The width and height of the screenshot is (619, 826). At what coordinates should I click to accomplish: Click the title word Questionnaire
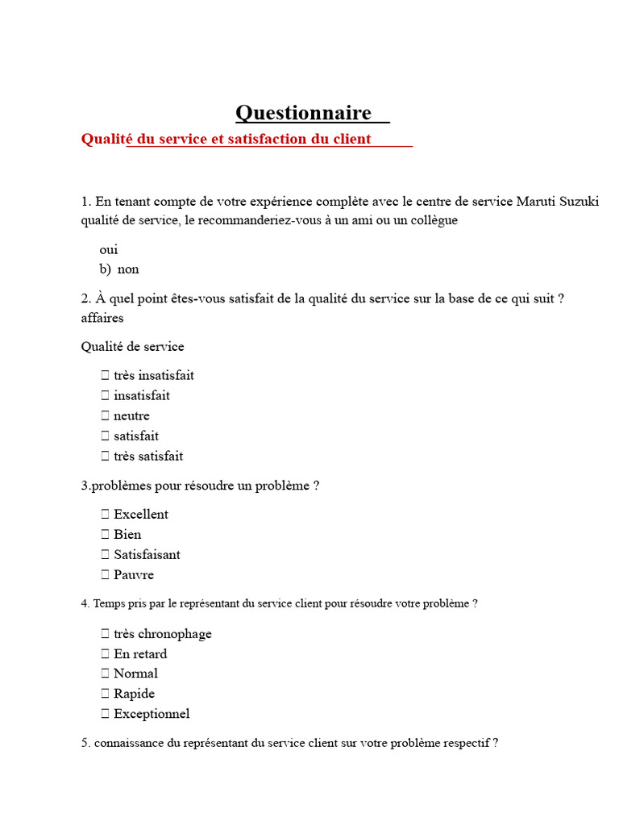(x=303, y=113)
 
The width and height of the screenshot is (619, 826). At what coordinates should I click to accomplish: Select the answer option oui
(x=109, y=250)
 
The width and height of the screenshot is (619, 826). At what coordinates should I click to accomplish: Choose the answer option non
(x=128, y=269)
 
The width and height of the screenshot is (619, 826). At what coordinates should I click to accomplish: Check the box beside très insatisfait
(x=105, y=375)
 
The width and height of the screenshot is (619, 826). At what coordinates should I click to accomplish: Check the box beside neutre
(x=105, y=416)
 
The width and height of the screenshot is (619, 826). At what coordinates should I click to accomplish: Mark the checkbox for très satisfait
(x=105, y=457)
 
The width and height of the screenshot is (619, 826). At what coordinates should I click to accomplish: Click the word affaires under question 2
(x=102, y=318)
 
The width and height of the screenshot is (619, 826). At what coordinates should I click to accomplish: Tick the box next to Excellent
(x=105, y=515)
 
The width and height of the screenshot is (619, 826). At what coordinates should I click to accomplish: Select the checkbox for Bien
(x=105, y=535)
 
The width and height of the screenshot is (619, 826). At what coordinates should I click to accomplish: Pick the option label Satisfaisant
(x=147, y=555)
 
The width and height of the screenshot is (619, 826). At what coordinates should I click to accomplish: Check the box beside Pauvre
(x=105, y=575)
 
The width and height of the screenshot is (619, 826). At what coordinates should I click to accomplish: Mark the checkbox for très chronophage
(x=105, y=634)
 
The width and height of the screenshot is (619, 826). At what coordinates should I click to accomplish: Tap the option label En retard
(x=140, y=654)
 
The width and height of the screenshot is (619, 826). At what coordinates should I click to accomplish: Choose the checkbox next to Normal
(x=105, y=674)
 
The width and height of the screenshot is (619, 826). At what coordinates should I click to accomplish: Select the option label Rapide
(x=134, y=694)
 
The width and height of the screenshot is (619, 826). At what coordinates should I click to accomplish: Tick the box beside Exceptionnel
(x=105, y=714)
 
